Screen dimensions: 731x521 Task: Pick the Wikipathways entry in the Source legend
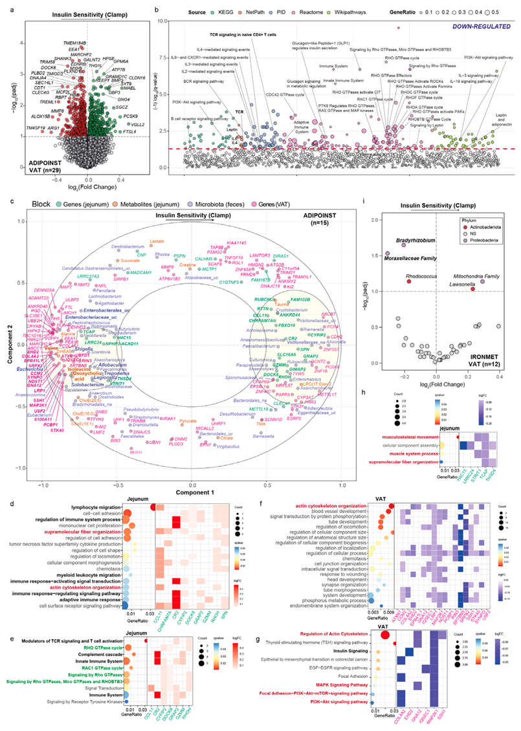pos(341,12)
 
